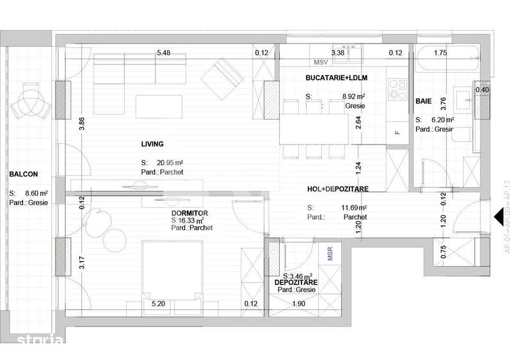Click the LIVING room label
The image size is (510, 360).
[x=152, y=145]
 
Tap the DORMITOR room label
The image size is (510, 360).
[x=189, y=213]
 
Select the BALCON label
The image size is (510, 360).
[x=24, y=173]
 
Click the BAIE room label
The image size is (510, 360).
[x=423, y=102]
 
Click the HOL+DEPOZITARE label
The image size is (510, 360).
[x=337, y=188]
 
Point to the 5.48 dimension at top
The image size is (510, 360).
[x=164, y=53]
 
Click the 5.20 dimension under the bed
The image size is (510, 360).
[x=158, y=304]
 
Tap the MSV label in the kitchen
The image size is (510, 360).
[x=320, y=63]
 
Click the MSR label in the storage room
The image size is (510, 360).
[x=330, y=254]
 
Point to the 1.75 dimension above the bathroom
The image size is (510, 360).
[x=440, y=53]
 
